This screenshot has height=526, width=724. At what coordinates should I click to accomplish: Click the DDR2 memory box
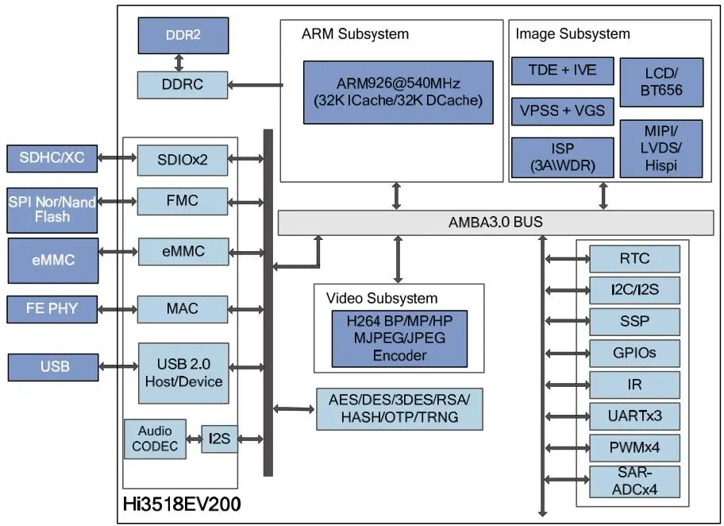tap(183, 36)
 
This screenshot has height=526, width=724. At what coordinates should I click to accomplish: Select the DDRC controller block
tap(183, 84)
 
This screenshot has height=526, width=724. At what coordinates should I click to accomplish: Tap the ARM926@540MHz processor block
tap(398, 92)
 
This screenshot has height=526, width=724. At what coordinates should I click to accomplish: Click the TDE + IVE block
tap(562, 71)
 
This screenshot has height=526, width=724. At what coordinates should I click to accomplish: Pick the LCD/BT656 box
tap(661, 83)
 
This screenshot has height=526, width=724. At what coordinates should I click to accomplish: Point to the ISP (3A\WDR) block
tap(562, 157)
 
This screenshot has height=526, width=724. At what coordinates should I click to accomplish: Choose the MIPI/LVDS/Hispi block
tap(661, 149)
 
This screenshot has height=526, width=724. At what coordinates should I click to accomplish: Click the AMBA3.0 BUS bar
tap(495, 222)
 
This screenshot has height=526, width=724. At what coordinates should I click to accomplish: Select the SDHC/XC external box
tap(52, 158)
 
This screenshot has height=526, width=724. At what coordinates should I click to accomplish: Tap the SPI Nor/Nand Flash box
tap(52, 210)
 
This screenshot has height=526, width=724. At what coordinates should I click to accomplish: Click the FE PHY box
tap(52, 309)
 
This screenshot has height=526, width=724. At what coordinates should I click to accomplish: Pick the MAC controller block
tap(183, 309)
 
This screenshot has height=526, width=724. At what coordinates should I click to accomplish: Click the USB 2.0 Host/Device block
tap(183, 373)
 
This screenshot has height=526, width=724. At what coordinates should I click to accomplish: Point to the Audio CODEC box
tap(155, 439)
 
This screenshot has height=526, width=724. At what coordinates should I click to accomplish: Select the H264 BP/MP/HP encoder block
tap(399, 338)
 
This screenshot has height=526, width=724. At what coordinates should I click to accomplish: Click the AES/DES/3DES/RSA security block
tap(399, 409)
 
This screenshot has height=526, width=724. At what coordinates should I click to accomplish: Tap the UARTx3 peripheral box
tap(634, 416)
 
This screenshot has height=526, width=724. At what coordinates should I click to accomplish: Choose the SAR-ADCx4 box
tap(634, 482)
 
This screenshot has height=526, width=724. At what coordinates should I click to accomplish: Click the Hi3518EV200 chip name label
tap(182, 505)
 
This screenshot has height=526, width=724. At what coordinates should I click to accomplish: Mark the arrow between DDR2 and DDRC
tap(179, 63)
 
